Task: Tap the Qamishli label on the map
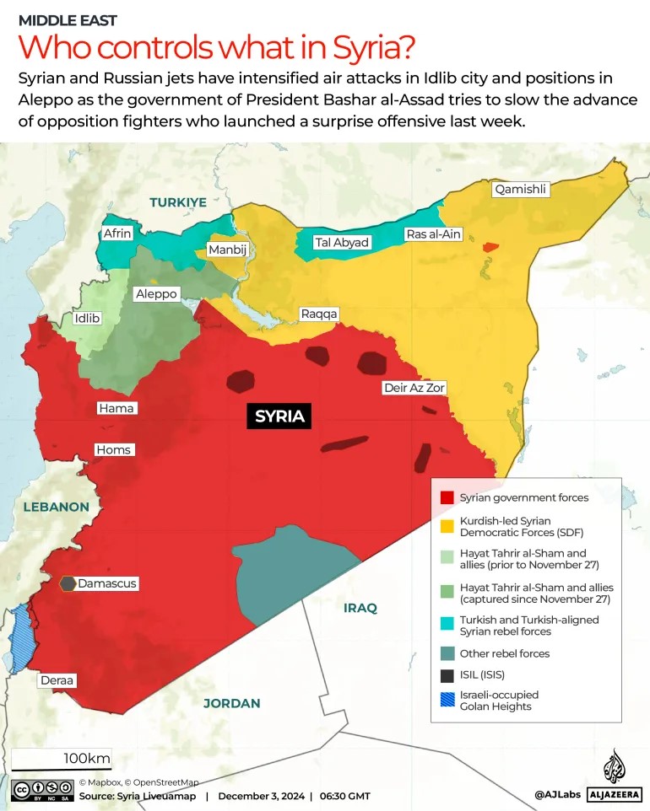tap(521, 190)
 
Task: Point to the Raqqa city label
tap(319, 314)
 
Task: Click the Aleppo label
tap(156, 294)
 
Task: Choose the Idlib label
tap(87, 319)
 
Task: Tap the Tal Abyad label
tap(342, 242)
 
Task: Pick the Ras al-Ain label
tap(433, 234)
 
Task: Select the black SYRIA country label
tap(279, 416)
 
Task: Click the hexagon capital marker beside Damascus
tap(68, 583)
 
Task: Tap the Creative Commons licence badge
tap(41, 791)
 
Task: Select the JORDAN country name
tap(231, 703)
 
